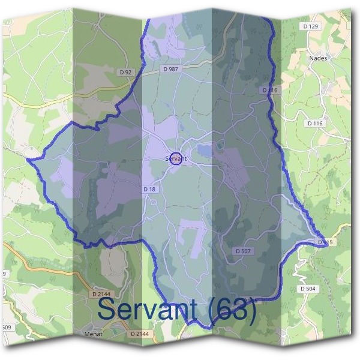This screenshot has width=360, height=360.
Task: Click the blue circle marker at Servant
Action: coord(175,159)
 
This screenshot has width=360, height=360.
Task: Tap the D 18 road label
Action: coord(149,189)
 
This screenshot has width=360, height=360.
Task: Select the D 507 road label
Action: coord(243,250)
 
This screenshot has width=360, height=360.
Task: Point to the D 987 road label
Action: coord(171,69)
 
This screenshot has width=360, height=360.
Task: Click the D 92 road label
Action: coord(125,72)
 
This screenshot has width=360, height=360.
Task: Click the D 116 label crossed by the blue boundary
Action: coord(271,90)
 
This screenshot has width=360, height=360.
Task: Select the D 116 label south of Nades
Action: coord(315,123)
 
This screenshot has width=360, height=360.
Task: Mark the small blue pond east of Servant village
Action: coord(205,151)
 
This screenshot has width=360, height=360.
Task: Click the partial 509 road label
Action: coord(5,327)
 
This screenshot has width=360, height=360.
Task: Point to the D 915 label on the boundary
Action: coord(324,242)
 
